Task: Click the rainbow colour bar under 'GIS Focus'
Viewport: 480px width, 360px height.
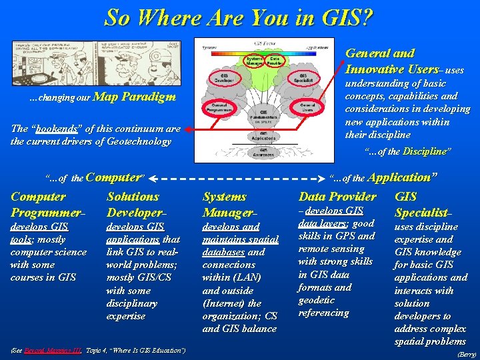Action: [265, 53]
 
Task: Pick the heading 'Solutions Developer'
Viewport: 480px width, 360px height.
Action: [133, 204]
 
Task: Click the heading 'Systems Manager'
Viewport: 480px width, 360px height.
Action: [225, 204]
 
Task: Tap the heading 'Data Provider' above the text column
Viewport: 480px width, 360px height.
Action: [337, 197]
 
